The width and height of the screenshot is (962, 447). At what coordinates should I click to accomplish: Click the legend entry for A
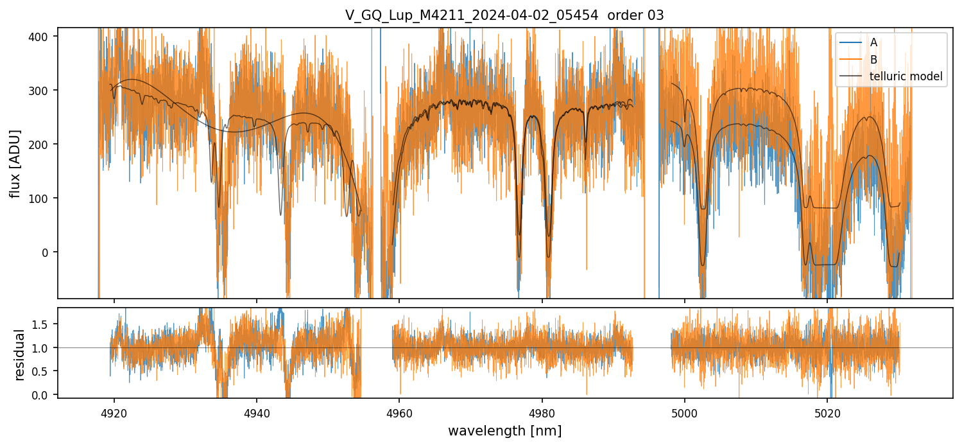pyautogui.click(x=873, y=43)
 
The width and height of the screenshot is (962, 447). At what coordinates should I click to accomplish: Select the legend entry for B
pyautogui.click(x=873, y=60)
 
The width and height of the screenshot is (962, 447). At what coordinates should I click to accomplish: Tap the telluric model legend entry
pyautogui.click(x=906, y=76)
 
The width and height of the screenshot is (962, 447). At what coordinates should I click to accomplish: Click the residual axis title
pyautogui.click(x=20, y=355)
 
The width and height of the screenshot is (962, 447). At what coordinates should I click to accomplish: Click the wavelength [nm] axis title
pyautogui.click(x=504, y=430)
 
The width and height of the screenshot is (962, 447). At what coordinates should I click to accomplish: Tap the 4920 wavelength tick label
pyautogui.click(x=114, y=412)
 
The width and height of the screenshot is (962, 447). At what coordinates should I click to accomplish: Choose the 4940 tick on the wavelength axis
pyautogui.click(x=257, y=412)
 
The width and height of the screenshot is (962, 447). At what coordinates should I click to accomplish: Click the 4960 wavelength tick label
pyautogui.click(x=399, y=412)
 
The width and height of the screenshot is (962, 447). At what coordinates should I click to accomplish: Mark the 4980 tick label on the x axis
pyautogui.click(x=542, y=412)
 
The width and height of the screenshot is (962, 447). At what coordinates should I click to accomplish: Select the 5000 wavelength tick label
pyautogui.click(x=684, y=412)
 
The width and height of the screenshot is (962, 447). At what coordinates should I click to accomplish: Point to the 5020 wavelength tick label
pyautogui.click(x=827, y=412)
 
